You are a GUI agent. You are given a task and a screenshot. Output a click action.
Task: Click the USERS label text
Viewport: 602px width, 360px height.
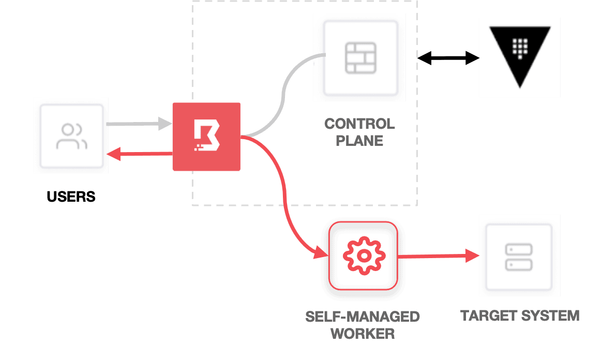[71, 197]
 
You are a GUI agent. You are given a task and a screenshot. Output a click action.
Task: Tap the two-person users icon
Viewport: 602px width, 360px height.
[71, 136]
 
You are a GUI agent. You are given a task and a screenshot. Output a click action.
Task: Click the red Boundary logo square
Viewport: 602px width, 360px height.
[206, 137]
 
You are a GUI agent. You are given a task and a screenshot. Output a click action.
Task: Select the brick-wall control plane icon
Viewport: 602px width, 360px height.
[360, 57]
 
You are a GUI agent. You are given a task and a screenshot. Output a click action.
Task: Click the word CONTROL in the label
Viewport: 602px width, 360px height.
[359, 124]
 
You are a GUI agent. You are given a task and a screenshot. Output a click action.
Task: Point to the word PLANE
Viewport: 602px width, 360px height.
[359, 140]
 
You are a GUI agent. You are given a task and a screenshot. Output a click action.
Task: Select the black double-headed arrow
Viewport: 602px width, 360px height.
[448, 58]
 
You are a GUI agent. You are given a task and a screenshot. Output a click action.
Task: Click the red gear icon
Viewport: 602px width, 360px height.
[364, 256]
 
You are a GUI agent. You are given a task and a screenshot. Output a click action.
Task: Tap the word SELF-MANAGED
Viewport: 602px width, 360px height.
[363, 317]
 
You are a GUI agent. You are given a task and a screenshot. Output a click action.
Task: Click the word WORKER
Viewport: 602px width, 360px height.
[363, 334]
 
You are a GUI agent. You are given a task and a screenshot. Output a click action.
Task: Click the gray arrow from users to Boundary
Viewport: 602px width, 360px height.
[139, 124]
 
